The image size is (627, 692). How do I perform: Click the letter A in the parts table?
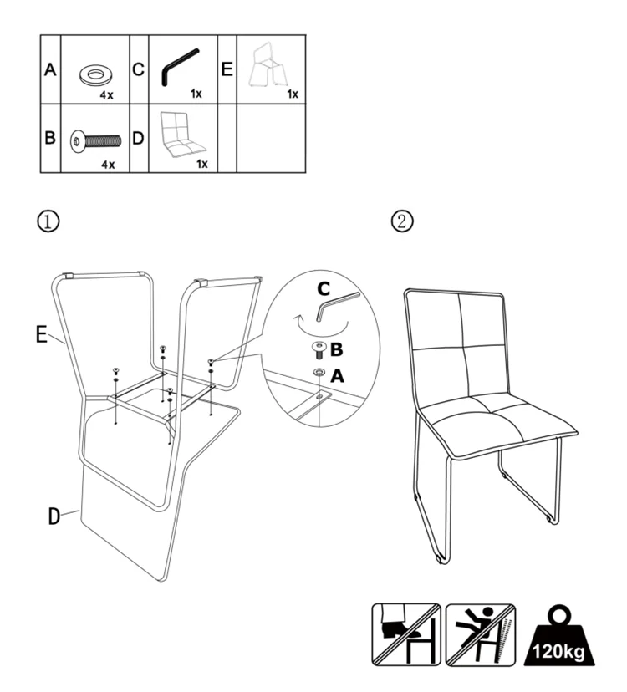point(50,71)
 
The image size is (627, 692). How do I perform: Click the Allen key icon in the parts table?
point(178,67)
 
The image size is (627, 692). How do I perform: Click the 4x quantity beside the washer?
point(107,95)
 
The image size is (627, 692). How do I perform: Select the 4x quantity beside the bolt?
point(107,165)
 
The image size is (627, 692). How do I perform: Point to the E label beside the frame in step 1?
point(41,334)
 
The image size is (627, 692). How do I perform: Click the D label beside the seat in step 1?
point(54,516)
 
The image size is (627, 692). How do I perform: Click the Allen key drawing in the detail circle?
point(339,306)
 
